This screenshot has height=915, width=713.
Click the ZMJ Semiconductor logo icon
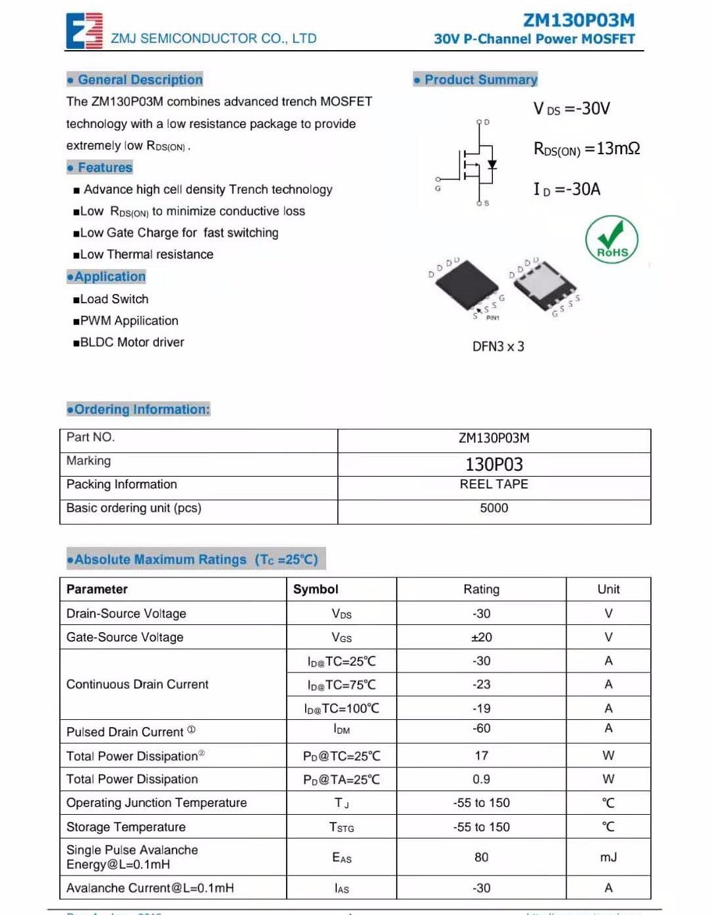[x=84, y=30]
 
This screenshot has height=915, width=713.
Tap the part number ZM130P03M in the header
[x=579, y=20]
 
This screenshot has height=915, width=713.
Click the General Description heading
[x=135, y=80]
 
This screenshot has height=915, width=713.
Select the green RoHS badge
[x=612, y=240]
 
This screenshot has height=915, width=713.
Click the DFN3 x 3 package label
[x=498, y=347]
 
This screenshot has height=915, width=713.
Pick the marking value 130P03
[x=494, y=465]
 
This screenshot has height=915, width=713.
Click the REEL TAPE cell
[x=494, y=485]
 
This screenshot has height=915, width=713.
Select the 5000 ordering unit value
[x=494, y=508]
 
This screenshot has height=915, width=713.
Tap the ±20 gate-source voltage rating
[x=481, y=637]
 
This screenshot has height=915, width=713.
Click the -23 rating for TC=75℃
[x=481, y=685]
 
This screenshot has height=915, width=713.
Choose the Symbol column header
[x=316, y=589]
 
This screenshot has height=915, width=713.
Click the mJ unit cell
[x=608, y=857]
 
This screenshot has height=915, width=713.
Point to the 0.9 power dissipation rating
[x=481, y=779]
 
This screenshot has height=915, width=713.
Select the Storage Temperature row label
[x=126, y=827]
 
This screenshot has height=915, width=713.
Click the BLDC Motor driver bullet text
[x=132, y=342]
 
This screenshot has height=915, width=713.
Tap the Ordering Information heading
[x=138, y=409]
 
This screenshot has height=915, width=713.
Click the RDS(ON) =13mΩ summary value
[x=586, y=149]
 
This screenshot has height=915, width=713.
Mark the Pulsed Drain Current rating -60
[x=481, y=728]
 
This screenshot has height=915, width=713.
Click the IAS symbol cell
[x=341, y=889]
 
